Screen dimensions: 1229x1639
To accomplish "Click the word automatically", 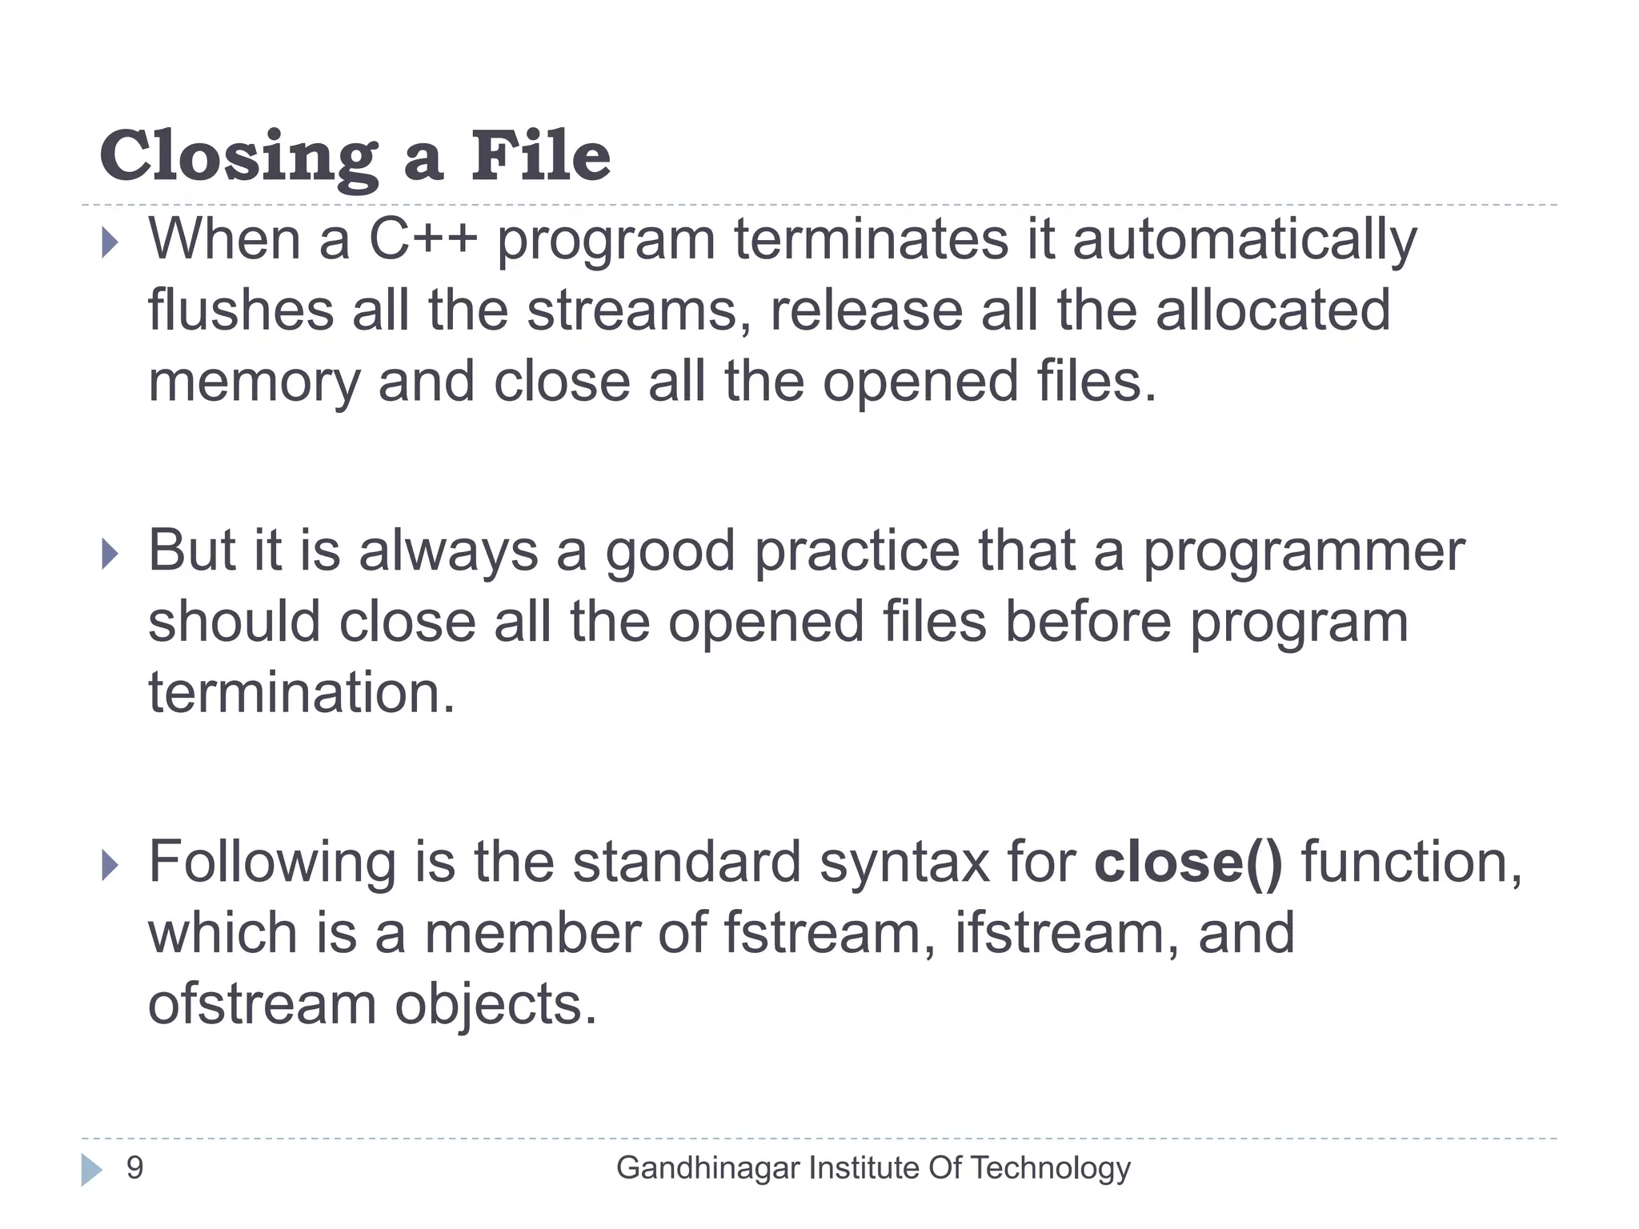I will [x=1244, y=240].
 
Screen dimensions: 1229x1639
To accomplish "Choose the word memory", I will [x=254, y=382].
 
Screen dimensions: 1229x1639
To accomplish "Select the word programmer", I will [x=1304, y=554].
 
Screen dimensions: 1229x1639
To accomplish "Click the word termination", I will [x=302, y=693].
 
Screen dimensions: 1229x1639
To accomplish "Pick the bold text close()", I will [x=1188, y=863].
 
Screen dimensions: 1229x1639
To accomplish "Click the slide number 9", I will [x=135, y=1168].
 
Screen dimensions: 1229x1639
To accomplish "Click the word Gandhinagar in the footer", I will [x=707, y=1169].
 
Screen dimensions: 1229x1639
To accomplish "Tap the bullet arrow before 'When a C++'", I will [x=110, y=242].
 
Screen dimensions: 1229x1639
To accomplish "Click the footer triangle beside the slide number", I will [x=91, y=1170].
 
